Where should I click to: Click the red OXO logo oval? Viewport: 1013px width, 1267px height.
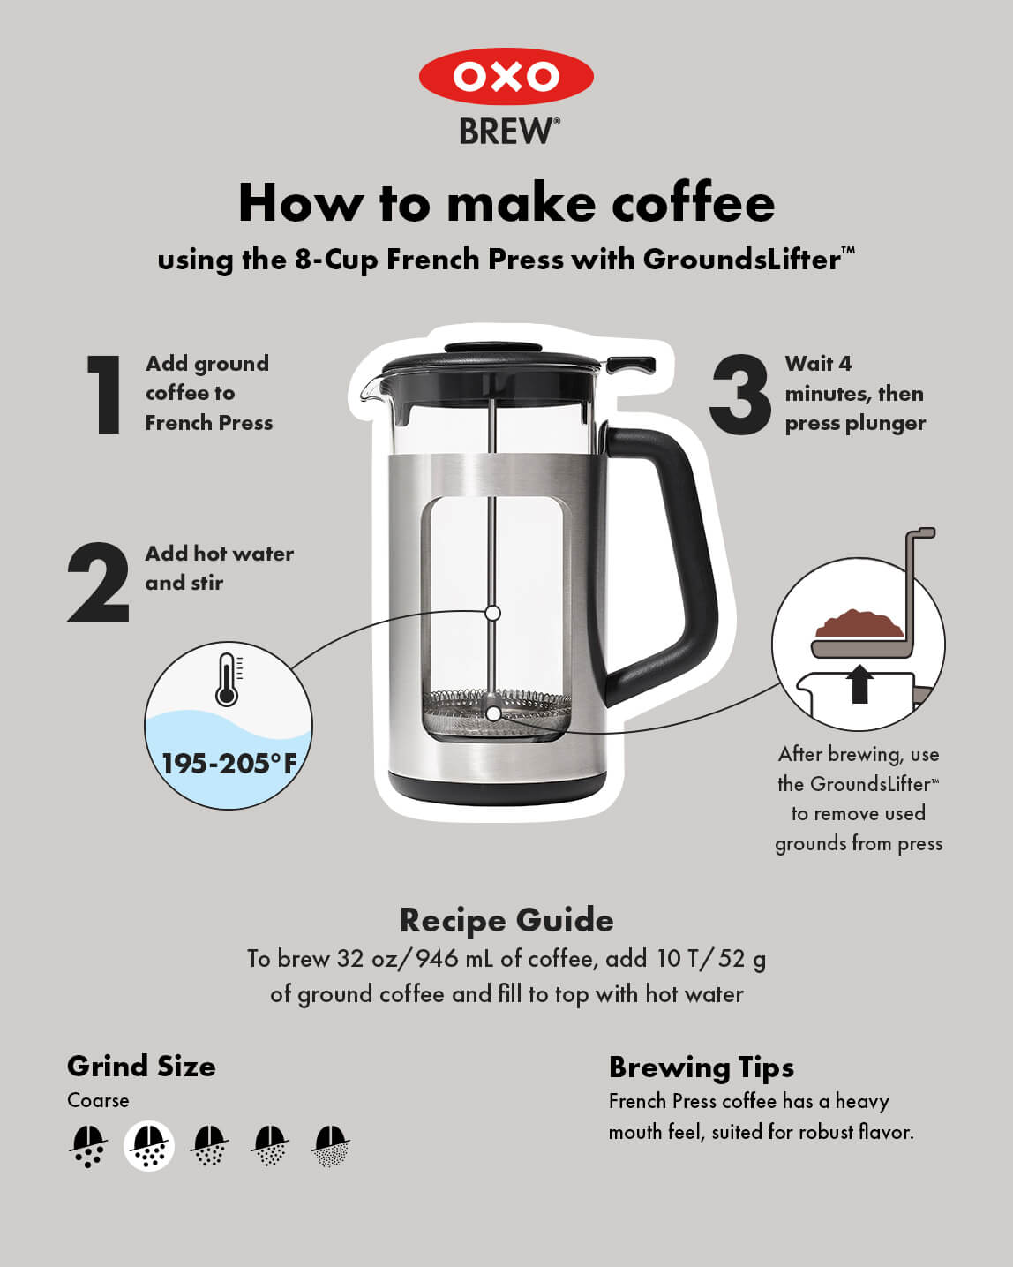click(506, 76)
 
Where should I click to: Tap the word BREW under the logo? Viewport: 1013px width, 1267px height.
click(508, 132)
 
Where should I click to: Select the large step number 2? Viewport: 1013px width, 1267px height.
click(99, 583)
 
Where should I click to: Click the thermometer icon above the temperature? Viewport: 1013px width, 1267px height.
click(227, 679)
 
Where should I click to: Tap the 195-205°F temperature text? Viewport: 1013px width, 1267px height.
click(229, 763)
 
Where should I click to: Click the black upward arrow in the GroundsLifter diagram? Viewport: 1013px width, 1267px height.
click(859, 684)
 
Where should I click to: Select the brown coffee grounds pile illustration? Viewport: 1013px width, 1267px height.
click(858, 623)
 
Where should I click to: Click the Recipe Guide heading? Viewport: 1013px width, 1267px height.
click(506, 920)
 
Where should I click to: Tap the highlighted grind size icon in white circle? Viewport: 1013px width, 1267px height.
click(149, 1146)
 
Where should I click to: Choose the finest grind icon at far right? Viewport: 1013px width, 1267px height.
click(331, 1146)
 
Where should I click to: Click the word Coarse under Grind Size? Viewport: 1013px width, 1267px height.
click(98, 1100)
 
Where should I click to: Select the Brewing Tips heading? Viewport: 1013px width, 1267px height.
click(701, 1067)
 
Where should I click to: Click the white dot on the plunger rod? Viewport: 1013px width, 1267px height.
click(493, 613)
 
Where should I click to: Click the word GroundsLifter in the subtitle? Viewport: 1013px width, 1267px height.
click(741, 260)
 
